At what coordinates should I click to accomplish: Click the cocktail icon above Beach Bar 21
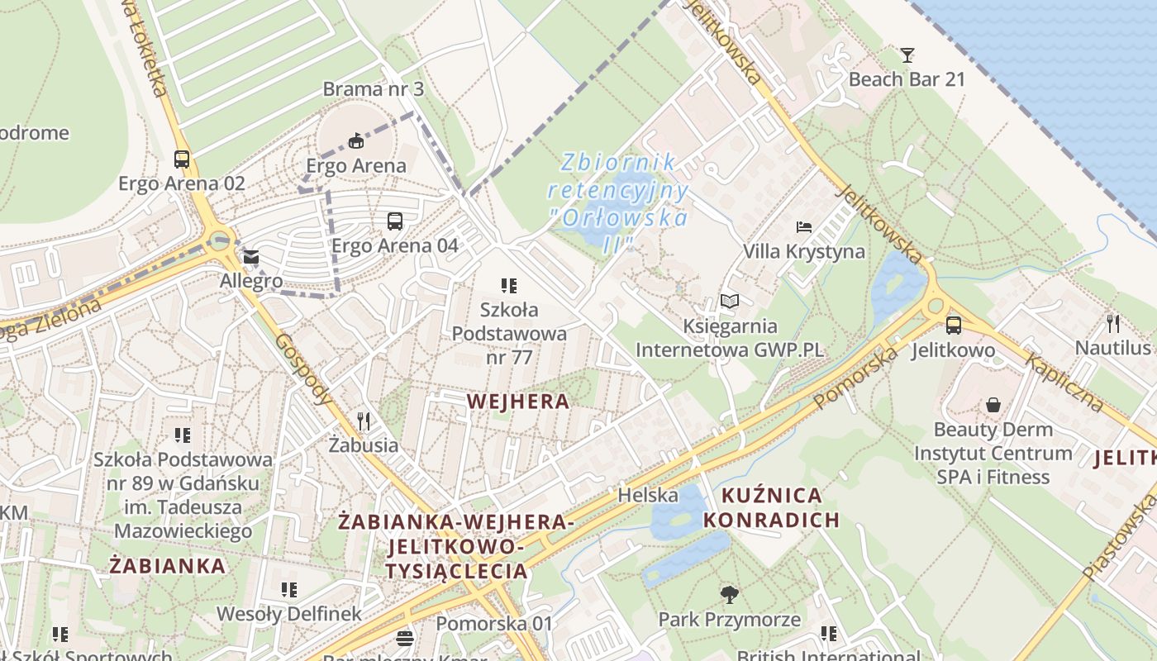[x=907, y=55]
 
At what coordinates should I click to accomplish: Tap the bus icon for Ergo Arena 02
[x=182, y=159]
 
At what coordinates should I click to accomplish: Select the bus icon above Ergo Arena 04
[x=395, y=221]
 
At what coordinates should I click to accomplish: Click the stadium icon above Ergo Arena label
[x=356, y=141]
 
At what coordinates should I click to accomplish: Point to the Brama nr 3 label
[x=373, y=88]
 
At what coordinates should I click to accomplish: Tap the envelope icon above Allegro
[x=250, y=257]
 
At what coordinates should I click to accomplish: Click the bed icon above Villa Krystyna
[x=803, y=226]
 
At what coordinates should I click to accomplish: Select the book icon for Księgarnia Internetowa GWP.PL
[x=729, y=302]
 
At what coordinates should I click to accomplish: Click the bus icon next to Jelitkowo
[x=953, y=325]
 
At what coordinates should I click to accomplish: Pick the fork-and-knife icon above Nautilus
[x=1113, y=323]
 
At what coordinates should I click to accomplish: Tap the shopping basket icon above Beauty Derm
[x=993, y=405]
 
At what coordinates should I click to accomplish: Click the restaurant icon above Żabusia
[x=363, y=421]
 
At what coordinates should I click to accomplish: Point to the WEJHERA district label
[x=518, y=402]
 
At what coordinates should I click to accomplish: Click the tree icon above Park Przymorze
[x=729, y=594]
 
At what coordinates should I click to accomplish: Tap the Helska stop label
[x=648, y=495]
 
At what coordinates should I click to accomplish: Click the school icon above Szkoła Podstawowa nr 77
[x=509, y=286]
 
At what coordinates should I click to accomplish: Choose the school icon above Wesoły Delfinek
[x=288, y=589]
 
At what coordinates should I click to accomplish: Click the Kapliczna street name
[x=1064, y=382]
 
